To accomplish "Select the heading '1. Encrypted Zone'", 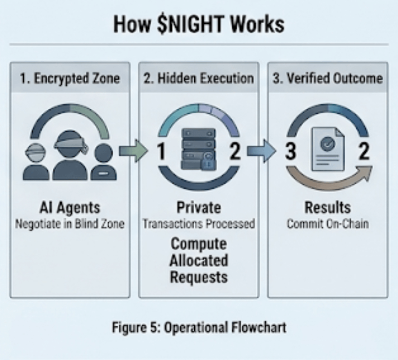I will pos(70,78).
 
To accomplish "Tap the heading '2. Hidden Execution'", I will pos(199,78).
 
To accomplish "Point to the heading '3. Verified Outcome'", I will pos(328,78).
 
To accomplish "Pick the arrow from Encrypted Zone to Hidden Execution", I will pos(133,152).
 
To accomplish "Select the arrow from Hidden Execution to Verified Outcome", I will pos(261,152).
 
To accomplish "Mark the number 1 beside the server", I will pos(162,152).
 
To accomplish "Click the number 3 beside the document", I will pos(290,152).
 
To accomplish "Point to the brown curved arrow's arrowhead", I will pos(365,173).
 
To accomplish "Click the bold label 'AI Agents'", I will pos(70,208).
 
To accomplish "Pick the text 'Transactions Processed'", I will pos(199,224).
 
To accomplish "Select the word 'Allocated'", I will pos(199,260).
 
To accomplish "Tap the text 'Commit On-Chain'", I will pos(328,224).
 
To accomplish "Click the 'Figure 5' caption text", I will pos(199,327).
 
